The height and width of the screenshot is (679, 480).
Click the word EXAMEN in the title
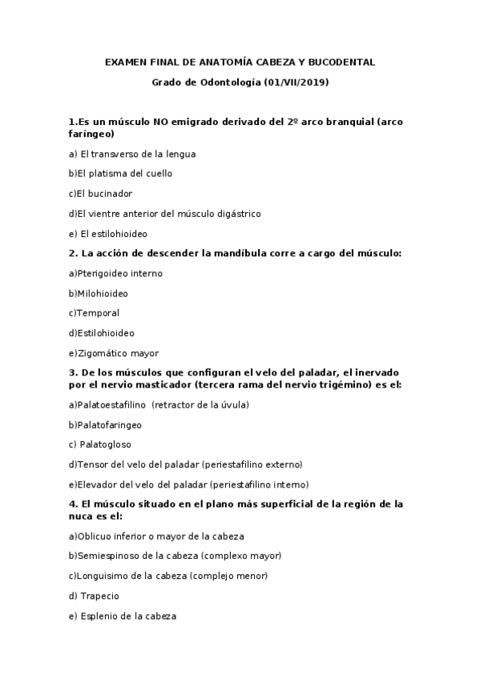123,62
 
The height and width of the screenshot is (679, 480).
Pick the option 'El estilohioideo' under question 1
108,234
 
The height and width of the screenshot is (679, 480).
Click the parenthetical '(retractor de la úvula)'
200,404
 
